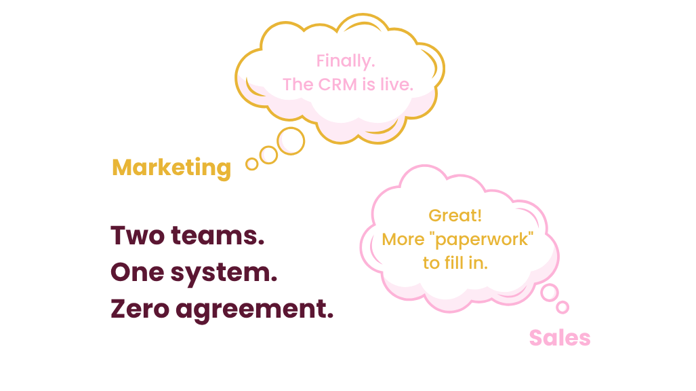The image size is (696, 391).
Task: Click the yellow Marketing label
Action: point(171,167)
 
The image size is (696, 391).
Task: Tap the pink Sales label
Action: point(559,338)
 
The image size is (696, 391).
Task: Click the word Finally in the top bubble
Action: point(346,61)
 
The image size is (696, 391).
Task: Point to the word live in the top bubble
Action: point(398,85)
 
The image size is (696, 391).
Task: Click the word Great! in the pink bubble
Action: point(455,216)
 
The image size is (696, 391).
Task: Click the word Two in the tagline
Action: point(138,236)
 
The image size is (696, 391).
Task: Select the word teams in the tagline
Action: point(217,236)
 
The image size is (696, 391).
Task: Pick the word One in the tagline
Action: point(136,272)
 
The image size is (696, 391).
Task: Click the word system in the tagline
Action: point(223,274)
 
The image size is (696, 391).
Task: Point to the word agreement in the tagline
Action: point(254,310)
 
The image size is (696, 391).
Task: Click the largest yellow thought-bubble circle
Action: point(292,141)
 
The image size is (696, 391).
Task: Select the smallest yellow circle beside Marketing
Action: point(252,164)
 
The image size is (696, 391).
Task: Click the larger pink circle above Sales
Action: point(549,292)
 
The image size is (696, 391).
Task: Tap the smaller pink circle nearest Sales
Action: point(562,308)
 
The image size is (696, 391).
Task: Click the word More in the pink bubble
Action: point(403,240)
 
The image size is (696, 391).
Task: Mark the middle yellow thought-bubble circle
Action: point(270,155)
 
